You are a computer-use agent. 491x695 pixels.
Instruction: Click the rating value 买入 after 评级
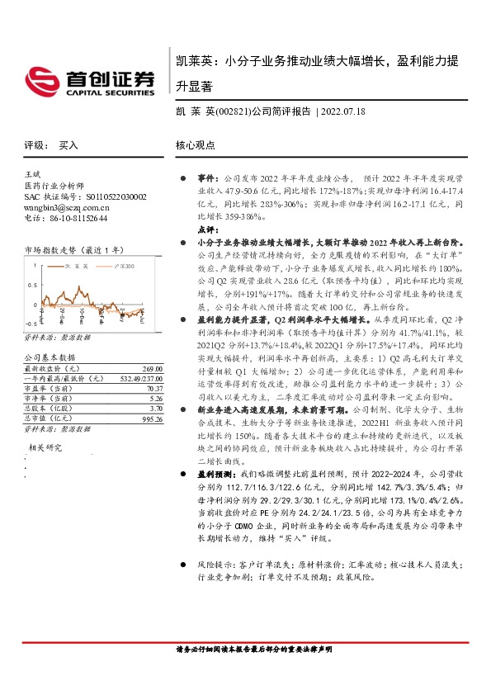pos(68,144)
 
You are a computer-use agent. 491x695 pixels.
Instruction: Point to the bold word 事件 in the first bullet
pos(206,177)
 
